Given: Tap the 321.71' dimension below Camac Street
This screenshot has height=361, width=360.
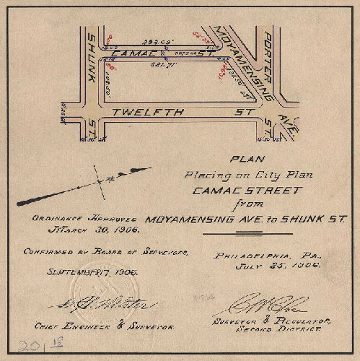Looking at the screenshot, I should pyautogui.click(x=159, y=66).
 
